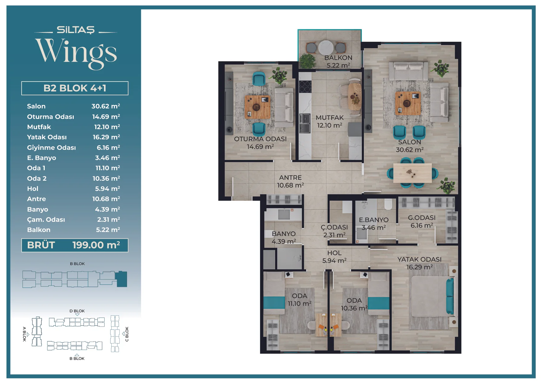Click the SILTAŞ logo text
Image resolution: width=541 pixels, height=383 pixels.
pyautogui.click(x=76, y=30)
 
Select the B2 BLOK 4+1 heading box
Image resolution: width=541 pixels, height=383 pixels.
pyautogui.click(x=75, y=88)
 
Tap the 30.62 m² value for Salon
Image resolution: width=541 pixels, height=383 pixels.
pyautogui.click(x=106, y=106)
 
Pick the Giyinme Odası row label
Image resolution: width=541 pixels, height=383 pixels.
pyautogui.click(x=52, y=148)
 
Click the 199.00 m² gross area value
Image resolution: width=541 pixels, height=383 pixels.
pyautogui.click(x=96, y=245)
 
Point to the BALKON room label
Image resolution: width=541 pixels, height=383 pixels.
pyautogui.click(x=338, y=58)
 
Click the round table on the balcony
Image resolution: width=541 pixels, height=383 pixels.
pyautogui.click(x=326, y=48)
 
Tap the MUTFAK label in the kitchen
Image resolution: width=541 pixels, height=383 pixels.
pyautogui.click(x=330, y=118)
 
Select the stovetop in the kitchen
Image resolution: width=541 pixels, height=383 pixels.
pyautogui.click(x=305, y=86)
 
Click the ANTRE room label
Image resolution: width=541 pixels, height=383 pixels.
pyautogui.click(x=290, y=178)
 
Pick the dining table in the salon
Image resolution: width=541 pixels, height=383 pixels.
pyautogui.click(x=412, y=173)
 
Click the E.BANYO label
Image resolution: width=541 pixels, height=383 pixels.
pyautogui.click(x=374, y=220)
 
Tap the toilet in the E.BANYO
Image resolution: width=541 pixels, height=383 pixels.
pyautogui.click(x=388, y=204)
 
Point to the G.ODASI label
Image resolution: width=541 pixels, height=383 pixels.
pyautogui.click(x=422, y=218)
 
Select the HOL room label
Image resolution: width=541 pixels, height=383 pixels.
pyautogui.click(x=334, y=253)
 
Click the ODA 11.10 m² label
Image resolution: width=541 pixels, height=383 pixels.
pyautogui.click(x=299, y=300)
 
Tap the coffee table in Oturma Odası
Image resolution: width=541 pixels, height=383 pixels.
pyautogui.click(x=258, y=107)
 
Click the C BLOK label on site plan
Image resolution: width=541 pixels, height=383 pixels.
pyautogui.click(x=127, y=334)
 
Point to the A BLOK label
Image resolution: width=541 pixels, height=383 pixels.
pyautogui.click(x=24, y=334)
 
